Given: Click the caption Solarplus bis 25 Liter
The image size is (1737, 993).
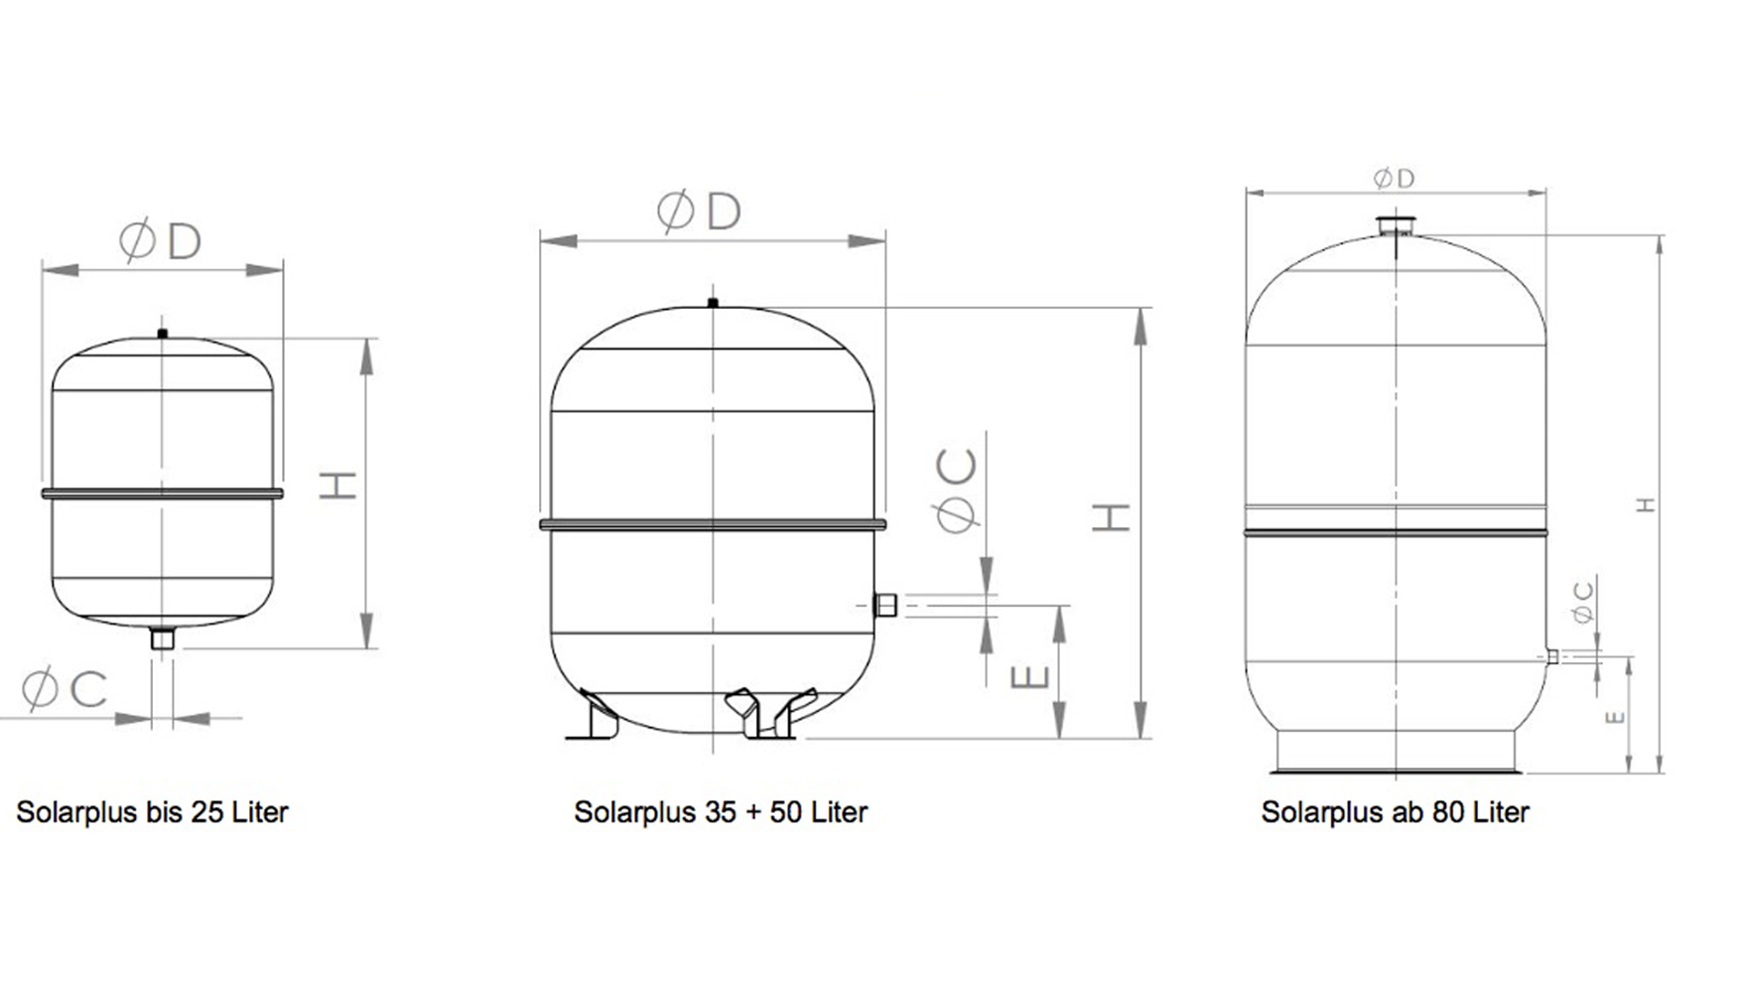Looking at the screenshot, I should click(152, 812).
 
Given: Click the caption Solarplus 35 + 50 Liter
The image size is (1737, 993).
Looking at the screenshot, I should click(721, 812).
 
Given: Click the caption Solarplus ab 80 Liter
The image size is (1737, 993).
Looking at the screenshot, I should click(1395, 812).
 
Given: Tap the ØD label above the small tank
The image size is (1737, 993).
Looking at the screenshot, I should click(161, 241).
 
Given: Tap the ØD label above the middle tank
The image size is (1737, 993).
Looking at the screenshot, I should click(699, 212).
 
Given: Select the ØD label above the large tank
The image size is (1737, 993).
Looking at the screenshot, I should click(1394, 179).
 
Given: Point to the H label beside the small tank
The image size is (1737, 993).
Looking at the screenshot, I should click(338, 485).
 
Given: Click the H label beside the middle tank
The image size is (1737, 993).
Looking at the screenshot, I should click(1112, 516).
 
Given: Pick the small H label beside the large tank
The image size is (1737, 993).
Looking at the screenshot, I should click(1647, 505).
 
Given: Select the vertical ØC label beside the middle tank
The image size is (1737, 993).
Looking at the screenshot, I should click(957, 491).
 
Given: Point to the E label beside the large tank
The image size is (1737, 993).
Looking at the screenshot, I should click(1615, 716).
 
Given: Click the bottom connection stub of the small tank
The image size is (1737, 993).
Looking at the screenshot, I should click(162, 638).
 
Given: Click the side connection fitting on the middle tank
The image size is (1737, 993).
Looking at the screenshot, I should click(884, 605).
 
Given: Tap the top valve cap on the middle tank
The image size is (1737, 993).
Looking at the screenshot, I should click(713, 302).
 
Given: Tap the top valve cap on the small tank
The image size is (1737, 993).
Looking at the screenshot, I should click(163, 334).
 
